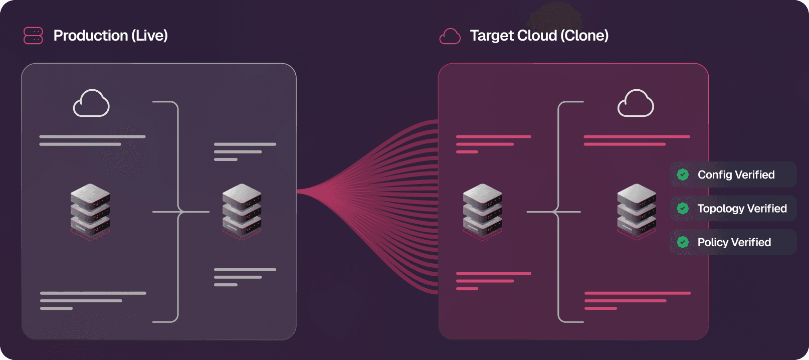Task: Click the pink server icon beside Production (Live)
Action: tap(33, 36)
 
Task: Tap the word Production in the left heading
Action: tap(91, 36)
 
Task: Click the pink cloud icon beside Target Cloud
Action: tap(450, 36)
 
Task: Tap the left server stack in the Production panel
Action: tap(90, 211)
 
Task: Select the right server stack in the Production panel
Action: tap(242, 211)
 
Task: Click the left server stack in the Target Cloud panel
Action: tap(483, 211)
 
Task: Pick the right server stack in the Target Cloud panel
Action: tap(637, 211)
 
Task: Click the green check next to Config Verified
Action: tap(683, 174)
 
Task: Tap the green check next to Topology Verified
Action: tap(683, 209)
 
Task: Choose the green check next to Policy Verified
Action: tap(683, 242)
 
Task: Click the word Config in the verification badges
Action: tap(715, 174)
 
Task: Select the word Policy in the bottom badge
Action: tap(713, 242)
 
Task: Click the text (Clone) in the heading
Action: tap(584, 36)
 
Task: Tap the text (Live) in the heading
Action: tap(149, 36)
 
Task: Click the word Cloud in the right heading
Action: tap(537, 36)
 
